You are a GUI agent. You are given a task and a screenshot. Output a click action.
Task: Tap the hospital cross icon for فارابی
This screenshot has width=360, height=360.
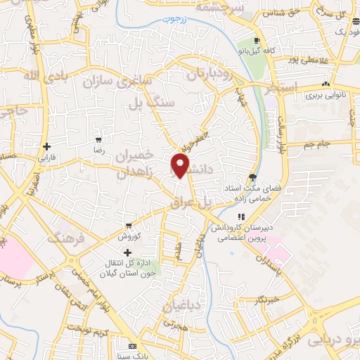point(46,148)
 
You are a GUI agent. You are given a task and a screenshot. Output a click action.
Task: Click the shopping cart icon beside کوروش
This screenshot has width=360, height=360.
point(128,226)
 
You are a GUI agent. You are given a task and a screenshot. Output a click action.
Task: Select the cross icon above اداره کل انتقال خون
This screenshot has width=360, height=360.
point(127,252)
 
